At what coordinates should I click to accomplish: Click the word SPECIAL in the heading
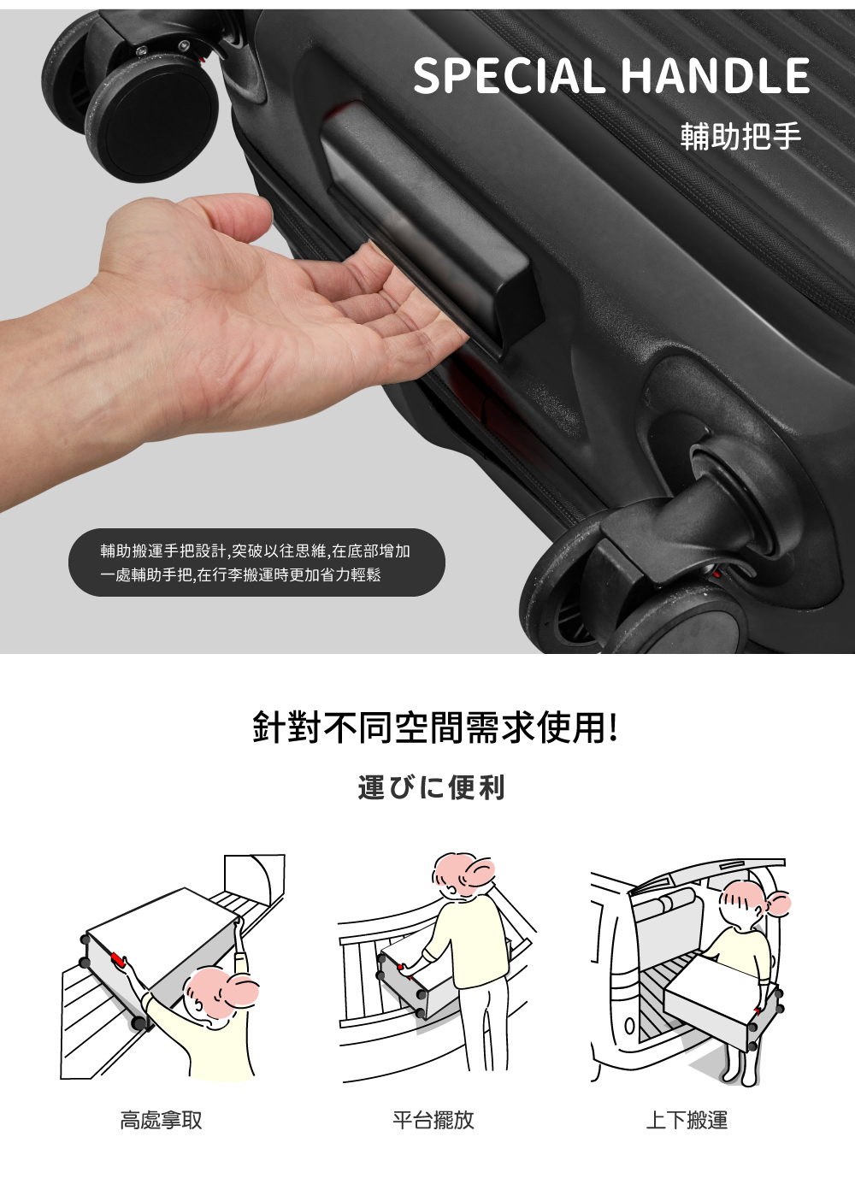coord(508,77)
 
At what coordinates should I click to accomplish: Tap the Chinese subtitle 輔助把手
coord(740,136)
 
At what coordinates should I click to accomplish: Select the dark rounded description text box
coord(256,562)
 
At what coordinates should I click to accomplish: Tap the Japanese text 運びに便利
coord(432,787)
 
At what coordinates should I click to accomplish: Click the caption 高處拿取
coord(161,1120)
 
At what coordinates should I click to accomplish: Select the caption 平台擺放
coord(433,1120)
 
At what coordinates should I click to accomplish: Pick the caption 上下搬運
coord(687,1120)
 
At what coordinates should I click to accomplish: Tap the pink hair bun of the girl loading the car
coord(779,903)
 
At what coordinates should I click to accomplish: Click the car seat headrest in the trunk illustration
coord(672,903)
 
